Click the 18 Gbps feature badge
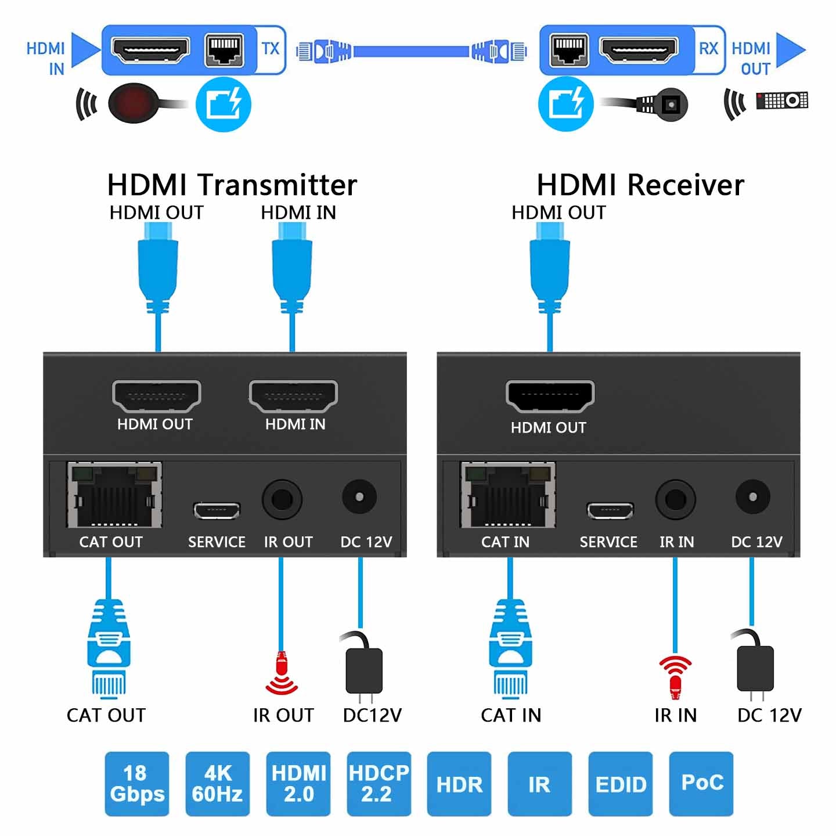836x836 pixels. pos(136,783)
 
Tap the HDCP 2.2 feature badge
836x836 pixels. pos(379,783)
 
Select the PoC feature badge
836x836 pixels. pos(701,783)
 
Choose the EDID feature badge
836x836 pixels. pos(620,783)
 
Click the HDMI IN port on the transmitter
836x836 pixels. pos(293,396)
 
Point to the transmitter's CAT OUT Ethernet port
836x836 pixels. pos(114,495)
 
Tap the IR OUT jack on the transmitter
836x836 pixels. pos(282,499)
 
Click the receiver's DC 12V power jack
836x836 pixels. pos(752,497)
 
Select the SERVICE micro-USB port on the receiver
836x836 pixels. pos(610,510)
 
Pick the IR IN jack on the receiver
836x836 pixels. pos(675,499)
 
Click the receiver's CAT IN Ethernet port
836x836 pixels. pos(508,495)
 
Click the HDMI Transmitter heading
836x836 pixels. pos(232,185)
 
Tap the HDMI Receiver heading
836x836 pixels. pos(640,185)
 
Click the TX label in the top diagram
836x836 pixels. pos(271,49)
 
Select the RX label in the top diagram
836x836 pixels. pos(708,49)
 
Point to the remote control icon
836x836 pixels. pos(781,100)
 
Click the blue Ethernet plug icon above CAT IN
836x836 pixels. pos(510,649)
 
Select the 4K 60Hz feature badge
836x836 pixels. pos(217,783)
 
